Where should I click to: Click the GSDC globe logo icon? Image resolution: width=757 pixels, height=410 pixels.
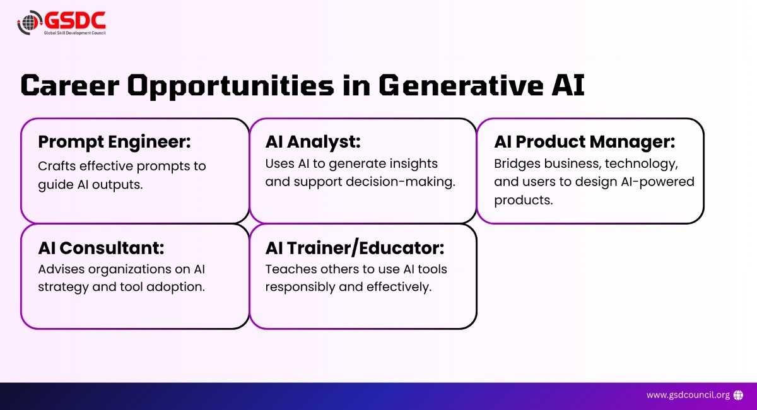tap(30, 23)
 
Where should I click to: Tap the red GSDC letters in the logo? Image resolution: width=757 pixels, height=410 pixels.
tap(75, 20)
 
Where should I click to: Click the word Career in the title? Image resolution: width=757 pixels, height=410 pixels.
tap(70, 85)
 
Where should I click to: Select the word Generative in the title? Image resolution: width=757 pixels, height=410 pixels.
tap(461, 85)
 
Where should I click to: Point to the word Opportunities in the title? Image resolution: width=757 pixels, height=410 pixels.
tap(230, 86)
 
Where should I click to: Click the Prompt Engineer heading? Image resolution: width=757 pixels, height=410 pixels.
tap(115, 142)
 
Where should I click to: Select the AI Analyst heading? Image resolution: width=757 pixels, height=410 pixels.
tap(313, 142)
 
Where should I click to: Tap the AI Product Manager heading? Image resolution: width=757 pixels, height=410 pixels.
tap(584, 142)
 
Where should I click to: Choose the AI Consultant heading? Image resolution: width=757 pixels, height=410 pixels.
tap(101, 248)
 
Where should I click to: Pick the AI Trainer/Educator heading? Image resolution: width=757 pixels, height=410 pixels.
tap(355, 248)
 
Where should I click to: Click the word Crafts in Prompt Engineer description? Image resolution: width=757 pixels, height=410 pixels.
tap(57, 166)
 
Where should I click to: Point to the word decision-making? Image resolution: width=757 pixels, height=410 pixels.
tap(401, 182)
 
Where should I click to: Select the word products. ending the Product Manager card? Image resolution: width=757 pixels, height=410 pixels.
tap(523, 201)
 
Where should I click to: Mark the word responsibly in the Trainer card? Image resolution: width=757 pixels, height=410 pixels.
tap(300, 287)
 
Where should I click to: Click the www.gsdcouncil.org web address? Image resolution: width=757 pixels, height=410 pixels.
tap(688, 395)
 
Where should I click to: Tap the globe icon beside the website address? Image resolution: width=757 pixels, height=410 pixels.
tap(739, 395)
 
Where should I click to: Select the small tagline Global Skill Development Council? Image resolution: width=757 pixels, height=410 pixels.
tap(74, 33)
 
